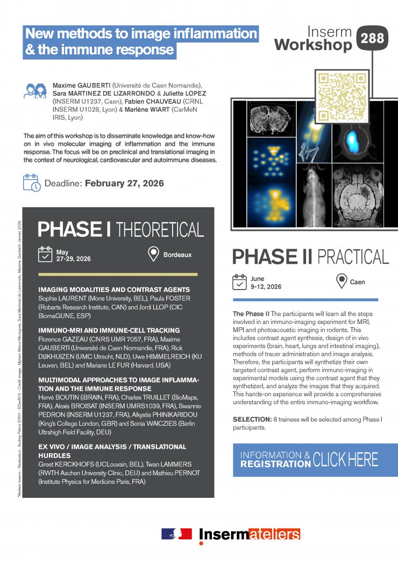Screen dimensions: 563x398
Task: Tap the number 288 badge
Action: (x=372, y=38)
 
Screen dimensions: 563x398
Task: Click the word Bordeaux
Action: (x=177, y=255)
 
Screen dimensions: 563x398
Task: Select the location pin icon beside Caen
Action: (x=341, y=281)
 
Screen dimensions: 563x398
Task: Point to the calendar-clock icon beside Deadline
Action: (x=32, y=183)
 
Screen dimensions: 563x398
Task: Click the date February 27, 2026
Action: (x=124, y=184)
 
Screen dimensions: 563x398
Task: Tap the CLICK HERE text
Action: (x=346, y=459)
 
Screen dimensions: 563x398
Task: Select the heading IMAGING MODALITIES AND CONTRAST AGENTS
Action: (x=114, y=290)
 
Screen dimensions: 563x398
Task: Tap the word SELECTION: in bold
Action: (x=254, y=419)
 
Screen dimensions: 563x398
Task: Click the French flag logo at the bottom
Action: (x=176, y=533)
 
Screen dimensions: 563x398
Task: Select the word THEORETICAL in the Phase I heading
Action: (x=160, y=229)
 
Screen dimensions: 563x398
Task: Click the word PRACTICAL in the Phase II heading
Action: (x=353, y=257)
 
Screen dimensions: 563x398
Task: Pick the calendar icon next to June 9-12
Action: (x=239, y=281)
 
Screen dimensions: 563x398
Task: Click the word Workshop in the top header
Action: (x=313, y=45)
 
